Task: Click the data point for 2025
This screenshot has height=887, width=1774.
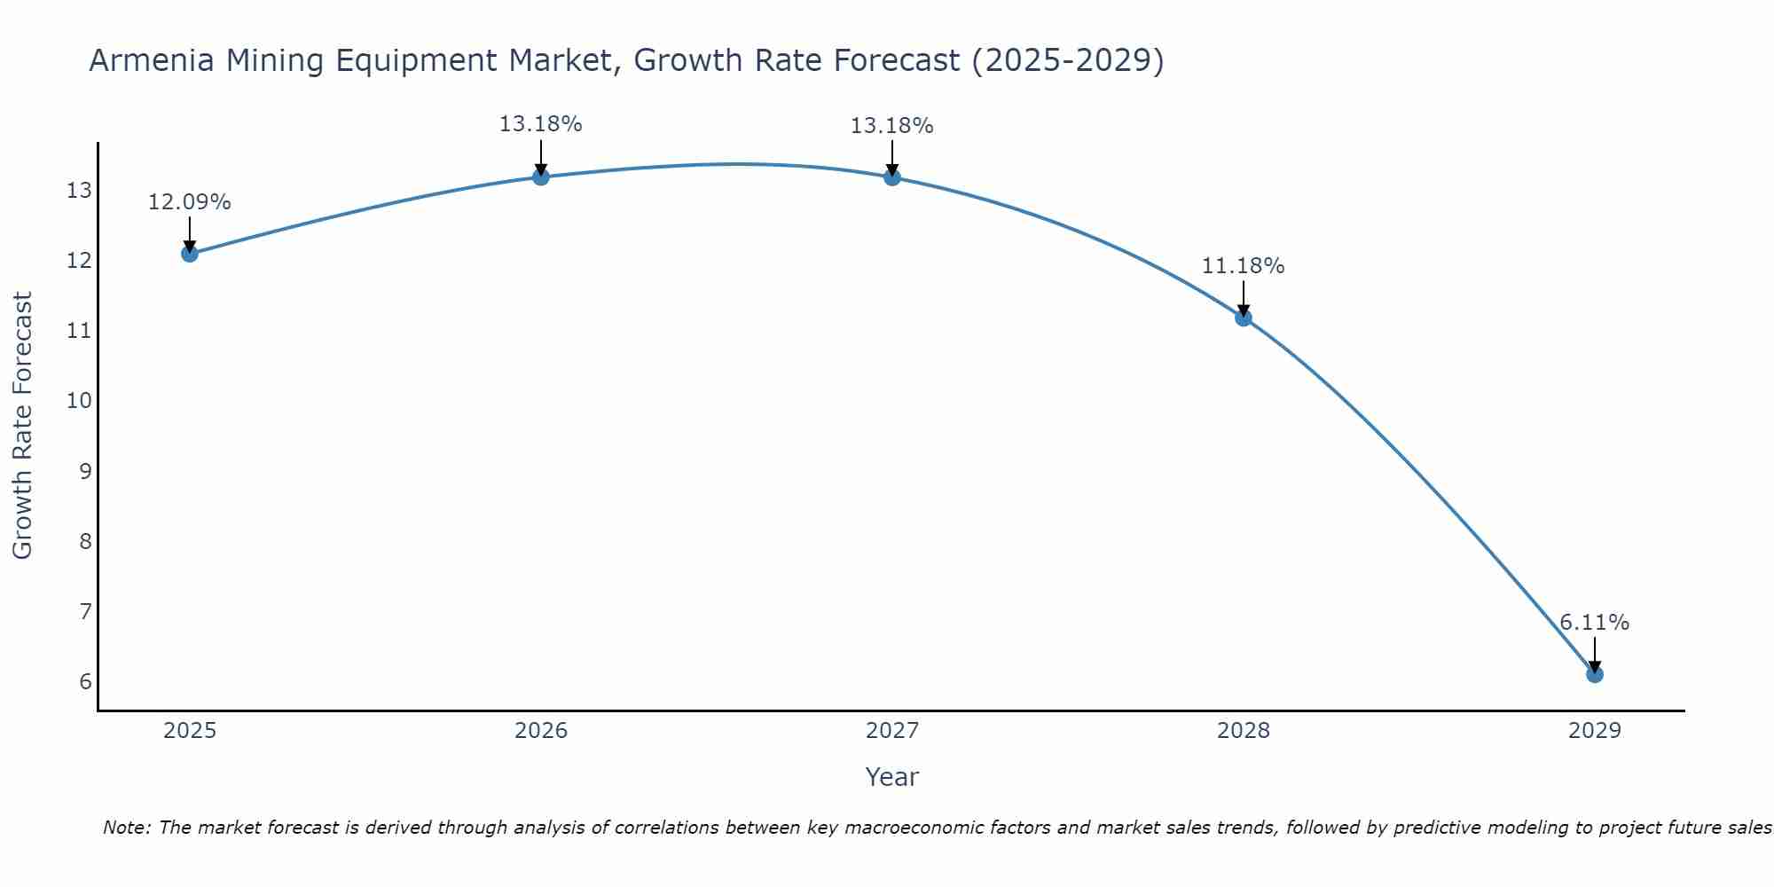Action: tap(189, 254)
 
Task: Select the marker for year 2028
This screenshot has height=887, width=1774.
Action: tap(1243, 318)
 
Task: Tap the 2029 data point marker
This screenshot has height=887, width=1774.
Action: tap(1594, 674)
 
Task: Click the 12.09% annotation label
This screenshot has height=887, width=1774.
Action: tap(189, 202)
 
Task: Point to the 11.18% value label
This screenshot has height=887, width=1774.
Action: tap(1243, 266)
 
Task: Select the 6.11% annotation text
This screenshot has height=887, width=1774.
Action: tap(1594, 623)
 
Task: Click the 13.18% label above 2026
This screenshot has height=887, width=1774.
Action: tap(540, 124)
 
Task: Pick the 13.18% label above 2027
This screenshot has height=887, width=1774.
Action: tap(891, 126)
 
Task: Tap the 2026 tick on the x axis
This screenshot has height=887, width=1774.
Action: tap(541, 731)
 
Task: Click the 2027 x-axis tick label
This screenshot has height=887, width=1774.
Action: tap(892, 731)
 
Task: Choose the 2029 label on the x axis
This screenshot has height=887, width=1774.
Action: tap(1594, 731)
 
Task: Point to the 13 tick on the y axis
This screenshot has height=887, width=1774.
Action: tap(79, 191)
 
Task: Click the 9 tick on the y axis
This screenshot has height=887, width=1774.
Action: tap(85, 471)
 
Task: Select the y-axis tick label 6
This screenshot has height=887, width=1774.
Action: tap(85, 681)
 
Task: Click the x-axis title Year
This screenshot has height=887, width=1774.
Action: tap(891, 777)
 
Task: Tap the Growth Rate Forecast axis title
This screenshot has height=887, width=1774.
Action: tap(22, 426)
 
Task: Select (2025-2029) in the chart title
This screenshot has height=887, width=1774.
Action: tap(1067, 61)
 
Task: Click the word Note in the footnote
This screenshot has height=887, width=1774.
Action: tap(127, 828)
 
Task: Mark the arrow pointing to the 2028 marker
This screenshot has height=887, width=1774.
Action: tap(1243, 298)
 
